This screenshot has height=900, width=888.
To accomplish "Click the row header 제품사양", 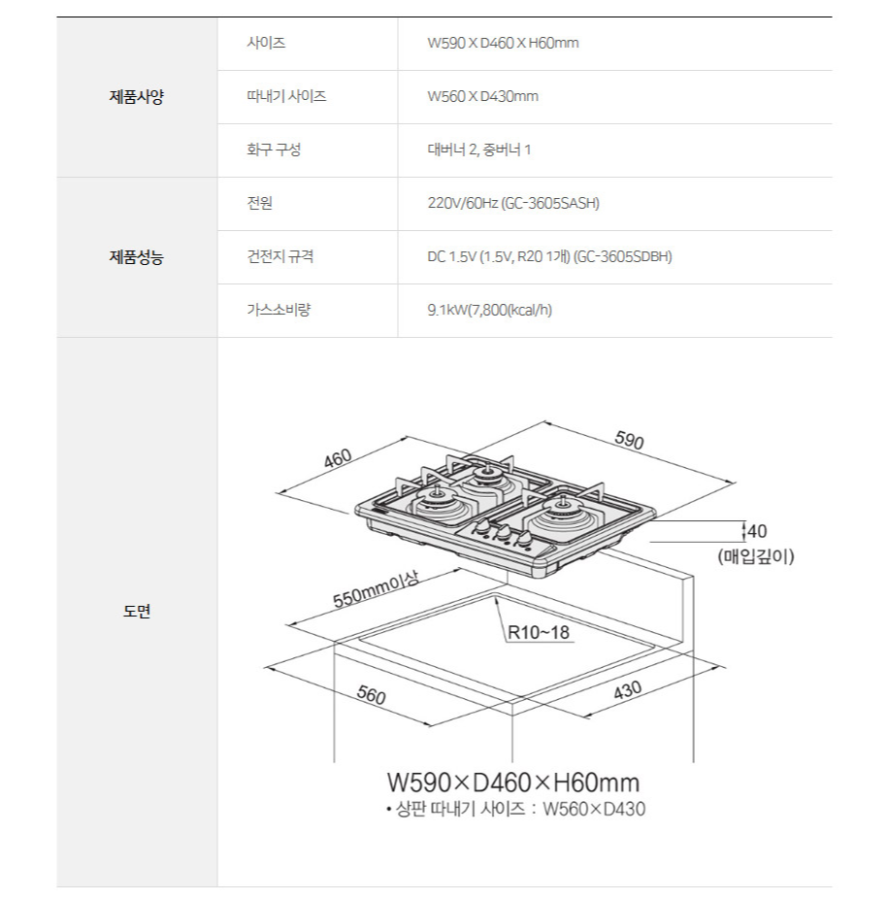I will pos(136,97).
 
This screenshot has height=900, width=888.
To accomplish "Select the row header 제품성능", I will pos(136,257).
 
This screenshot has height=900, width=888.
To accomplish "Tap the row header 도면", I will pos(136,612).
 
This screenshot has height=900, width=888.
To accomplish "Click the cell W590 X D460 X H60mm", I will pos(503,44).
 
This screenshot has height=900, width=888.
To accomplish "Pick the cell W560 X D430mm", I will pos(482,97).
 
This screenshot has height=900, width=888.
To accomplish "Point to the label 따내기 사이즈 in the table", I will pos(286,97).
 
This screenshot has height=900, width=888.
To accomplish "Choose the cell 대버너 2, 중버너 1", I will pos(478,150).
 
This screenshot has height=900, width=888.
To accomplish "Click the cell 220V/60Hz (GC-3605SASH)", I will pos(513,204).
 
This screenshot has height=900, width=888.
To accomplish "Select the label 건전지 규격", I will pos(280,257).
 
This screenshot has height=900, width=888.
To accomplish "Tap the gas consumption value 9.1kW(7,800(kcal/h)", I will pos(490,311).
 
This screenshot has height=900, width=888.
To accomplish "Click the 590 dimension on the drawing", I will pos(630,440).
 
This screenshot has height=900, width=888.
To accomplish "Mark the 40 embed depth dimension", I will pos(757,531).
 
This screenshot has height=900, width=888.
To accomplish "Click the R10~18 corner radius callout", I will pos(539,633).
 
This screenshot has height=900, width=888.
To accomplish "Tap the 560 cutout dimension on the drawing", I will pos(371,695).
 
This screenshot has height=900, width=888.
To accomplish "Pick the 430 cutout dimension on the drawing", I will pos(627,691).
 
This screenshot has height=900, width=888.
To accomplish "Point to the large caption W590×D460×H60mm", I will pos(512,783).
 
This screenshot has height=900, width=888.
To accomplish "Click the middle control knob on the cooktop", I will pos(504,532).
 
